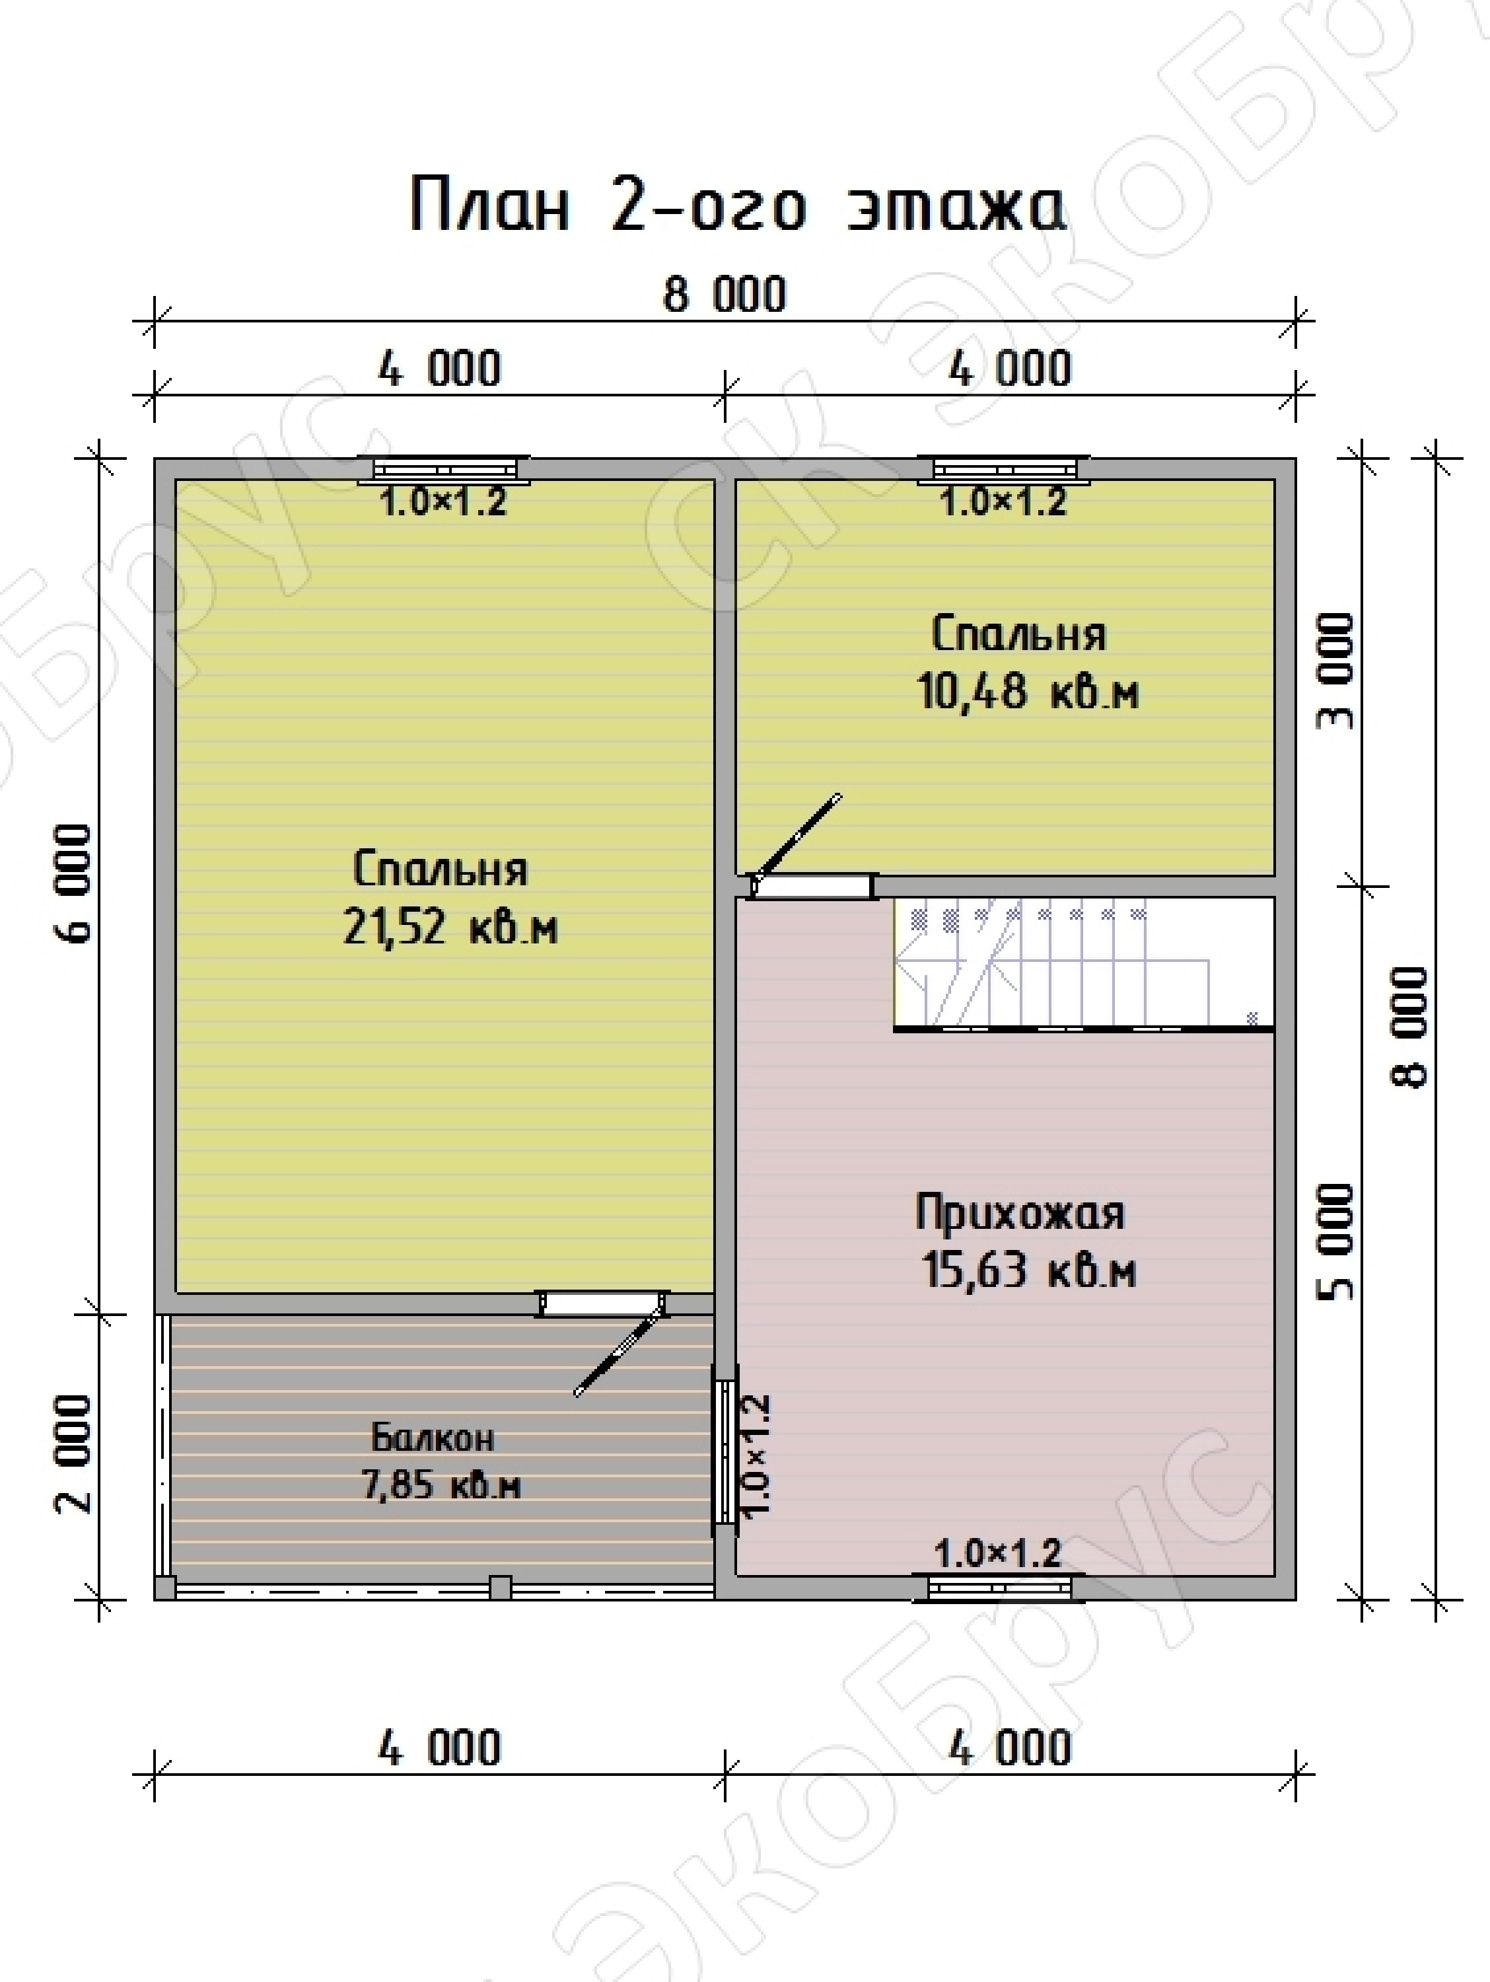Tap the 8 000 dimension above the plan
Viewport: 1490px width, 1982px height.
click(x=725, y=295)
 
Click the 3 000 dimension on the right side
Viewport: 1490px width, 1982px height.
click(x=1336, y=671)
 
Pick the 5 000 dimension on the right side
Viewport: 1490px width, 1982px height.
click(x=1336, y=1241)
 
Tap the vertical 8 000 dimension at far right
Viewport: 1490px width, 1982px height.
click(x=1409, y=1026)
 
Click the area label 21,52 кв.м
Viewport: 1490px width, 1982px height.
click(x=450, y=926)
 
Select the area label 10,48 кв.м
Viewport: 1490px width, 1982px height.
click(x=1028, y=692)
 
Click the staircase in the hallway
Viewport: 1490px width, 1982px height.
click(x=1083, y=964)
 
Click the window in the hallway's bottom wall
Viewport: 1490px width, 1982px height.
click(x=999, y=1588)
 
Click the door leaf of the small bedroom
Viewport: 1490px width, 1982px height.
click(x=797, y=835)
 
